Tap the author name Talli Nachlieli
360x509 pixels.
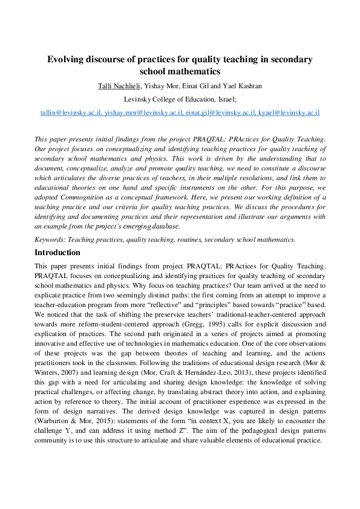point(123,86)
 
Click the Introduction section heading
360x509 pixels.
point(61,252)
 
